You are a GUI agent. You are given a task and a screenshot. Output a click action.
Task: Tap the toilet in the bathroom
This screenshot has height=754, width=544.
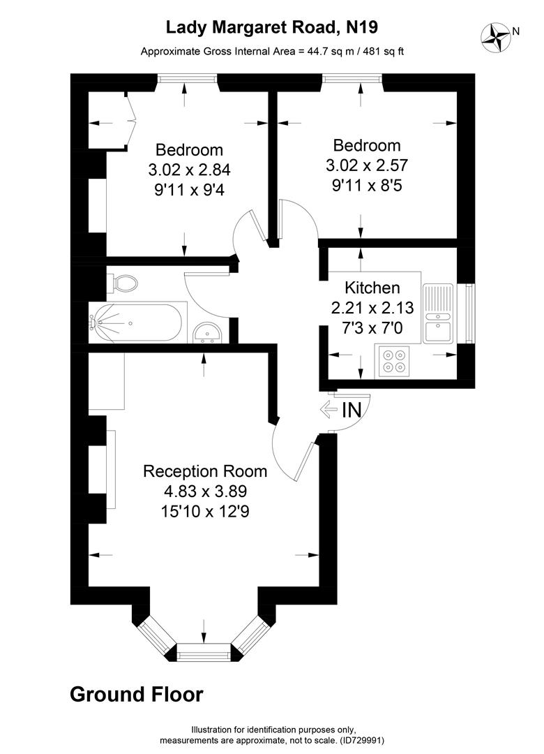tap(123, 283)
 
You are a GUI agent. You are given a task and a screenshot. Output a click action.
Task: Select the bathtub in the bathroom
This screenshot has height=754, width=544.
tap(137, 323)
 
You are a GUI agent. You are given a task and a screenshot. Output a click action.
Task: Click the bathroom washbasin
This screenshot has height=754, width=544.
tap(207, 333)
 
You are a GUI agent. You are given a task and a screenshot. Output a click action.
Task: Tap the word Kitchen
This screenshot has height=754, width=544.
tap(372, 288)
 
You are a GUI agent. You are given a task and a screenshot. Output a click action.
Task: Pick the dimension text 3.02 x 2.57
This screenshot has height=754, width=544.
tap(366, 165)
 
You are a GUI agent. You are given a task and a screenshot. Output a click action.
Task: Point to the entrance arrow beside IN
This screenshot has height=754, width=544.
tap(328, 410)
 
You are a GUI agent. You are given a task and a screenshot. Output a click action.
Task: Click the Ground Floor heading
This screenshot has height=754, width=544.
tap(137, 695)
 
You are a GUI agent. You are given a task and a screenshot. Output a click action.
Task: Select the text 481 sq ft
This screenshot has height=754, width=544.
tap(379, 51)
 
